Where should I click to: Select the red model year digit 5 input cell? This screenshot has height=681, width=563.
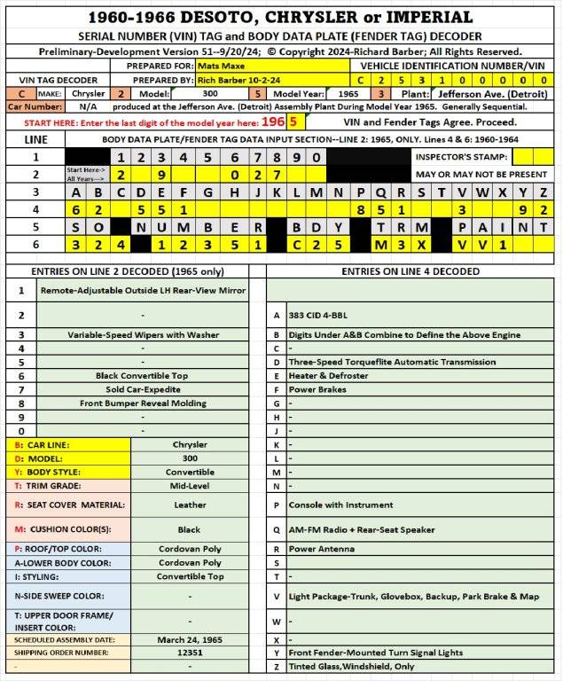point(293,121)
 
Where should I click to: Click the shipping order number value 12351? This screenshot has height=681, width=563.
point(189,653)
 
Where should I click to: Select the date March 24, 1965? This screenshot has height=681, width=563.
point(189,639)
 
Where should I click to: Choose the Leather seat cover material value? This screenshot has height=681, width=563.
point(189,505)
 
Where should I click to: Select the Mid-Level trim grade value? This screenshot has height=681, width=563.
point(189,486)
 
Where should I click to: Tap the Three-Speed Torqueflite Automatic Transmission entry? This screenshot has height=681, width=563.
point(391,362)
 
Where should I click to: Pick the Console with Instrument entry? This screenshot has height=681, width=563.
point(340,505)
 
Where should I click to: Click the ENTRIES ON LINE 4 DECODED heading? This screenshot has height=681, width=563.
point(411,270)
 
